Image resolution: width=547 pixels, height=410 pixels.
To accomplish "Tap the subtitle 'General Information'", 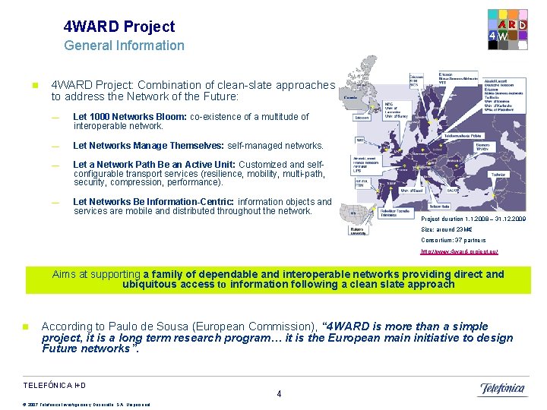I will point(124,46).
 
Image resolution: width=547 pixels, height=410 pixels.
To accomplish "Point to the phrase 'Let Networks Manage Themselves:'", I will point(148,146).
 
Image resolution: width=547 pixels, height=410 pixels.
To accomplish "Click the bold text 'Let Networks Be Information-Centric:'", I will point(154,202).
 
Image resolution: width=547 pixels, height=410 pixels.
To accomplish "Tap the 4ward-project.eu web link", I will point(459,252).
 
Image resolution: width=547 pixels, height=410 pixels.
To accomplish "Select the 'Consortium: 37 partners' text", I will point(453,241).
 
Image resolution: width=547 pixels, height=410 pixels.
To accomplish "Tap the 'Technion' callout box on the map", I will point(498,174).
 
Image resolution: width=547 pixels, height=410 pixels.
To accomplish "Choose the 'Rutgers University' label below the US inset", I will point(359,232).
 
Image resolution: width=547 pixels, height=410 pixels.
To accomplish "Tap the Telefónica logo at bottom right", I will point(502,389).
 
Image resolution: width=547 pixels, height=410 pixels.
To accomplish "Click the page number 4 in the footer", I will point(279,394).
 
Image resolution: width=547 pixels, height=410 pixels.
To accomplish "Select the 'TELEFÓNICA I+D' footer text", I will point(55,386).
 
